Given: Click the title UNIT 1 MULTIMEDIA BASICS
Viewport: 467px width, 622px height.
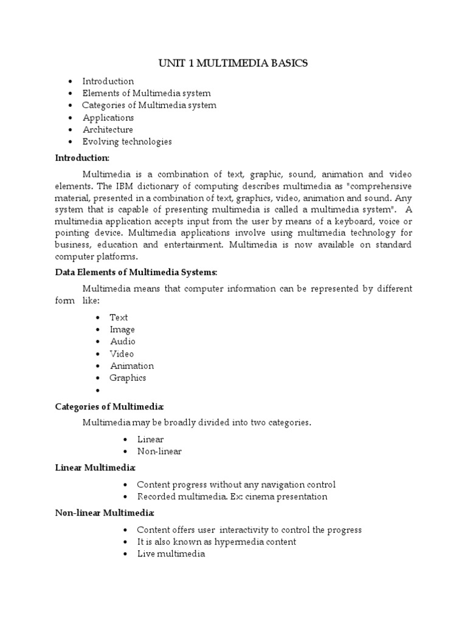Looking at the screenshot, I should [x=233, y=63].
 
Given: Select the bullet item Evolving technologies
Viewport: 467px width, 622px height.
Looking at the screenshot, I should [x=127, y=142].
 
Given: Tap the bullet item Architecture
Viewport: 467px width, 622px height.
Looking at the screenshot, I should [x=108, y=129].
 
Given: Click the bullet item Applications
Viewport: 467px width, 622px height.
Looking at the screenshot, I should [x=108, y=117].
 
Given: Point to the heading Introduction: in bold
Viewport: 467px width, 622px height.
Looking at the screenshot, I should [x=82, y=158].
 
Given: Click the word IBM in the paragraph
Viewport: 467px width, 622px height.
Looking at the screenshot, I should [x=153, y=185].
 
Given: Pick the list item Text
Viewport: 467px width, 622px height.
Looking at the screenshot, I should [x=119, y=317].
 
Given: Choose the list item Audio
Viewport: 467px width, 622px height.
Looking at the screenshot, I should [x=122, y=341].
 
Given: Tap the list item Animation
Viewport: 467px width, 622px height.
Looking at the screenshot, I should [x=131, y=366].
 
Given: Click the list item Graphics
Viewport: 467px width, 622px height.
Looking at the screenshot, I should [x=128, y=378].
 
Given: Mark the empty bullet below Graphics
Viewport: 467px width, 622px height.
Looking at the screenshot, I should [x=97, y=391].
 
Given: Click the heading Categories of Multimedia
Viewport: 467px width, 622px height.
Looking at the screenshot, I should [x=109, y=406].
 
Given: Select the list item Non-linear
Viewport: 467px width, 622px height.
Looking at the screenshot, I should [x=159, y=451].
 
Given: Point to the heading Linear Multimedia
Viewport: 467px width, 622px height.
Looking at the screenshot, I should [x=95, y=468].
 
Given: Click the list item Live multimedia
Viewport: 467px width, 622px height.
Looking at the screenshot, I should [x=171, y=553].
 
